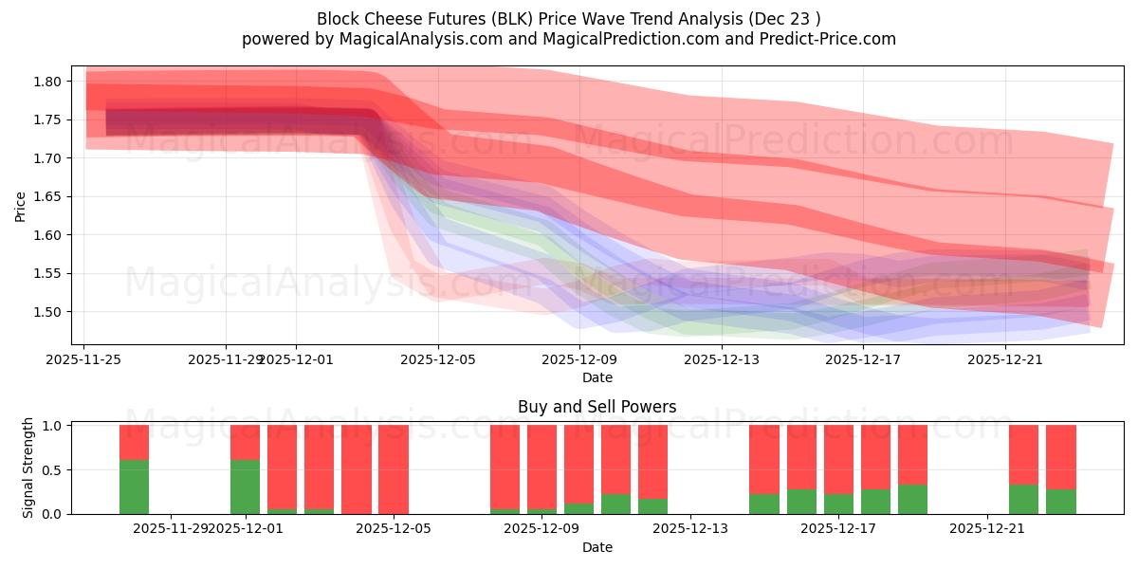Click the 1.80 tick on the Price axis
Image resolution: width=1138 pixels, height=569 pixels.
[x=47, y=82]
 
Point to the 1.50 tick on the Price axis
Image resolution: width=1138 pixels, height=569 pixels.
[x=47, y=312]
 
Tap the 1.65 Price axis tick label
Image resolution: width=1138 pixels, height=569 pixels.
[x=47, y=197]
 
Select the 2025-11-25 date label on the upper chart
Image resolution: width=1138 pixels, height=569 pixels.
[x=84, y=359]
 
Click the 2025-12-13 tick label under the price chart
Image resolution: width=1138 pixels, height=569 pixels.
[x=722, y=359]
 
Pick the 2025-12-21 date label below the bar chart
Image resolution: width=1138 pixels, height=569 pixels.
[x=987, y=529]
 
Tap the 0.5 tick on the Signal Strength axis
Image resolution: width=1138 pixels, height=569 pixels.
[x=53, y=470]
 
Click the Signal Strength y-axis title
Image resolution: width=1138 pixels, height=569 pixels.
[x=28, y=468]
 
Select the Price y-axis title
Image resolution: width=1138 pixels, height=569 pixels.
[x=20, y=205]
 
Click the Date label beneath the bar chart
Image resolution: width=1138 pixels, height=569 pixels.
[x=597, y=547]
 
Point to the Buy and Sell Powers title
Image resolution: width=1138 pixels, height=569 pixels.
[x=597, y=407]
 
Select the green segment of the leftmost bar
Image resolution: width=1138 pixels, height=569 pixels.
[x=134, y=486]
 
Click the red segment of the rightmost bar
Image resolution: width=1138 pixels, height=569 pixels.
[x=1061, y=456]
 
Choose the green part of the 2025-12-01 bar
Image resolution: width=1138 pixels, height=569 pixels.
[x=245, y=486]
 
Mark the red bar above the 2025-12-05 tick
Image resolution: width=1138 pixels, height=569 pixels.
[x=393, y=469]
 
